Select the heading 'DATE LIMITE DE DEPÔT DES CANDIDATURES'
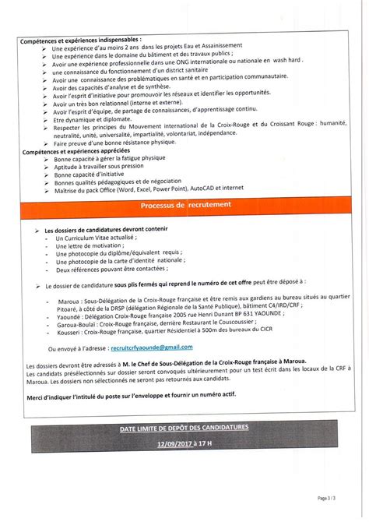[x=184, y=429]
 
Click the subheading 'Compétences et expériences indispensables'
[x=81, y=37]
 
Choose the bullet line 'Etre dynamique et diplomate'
[x=93, y=122]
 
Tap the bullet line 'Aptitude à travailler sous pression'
[x=100, y=165]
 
